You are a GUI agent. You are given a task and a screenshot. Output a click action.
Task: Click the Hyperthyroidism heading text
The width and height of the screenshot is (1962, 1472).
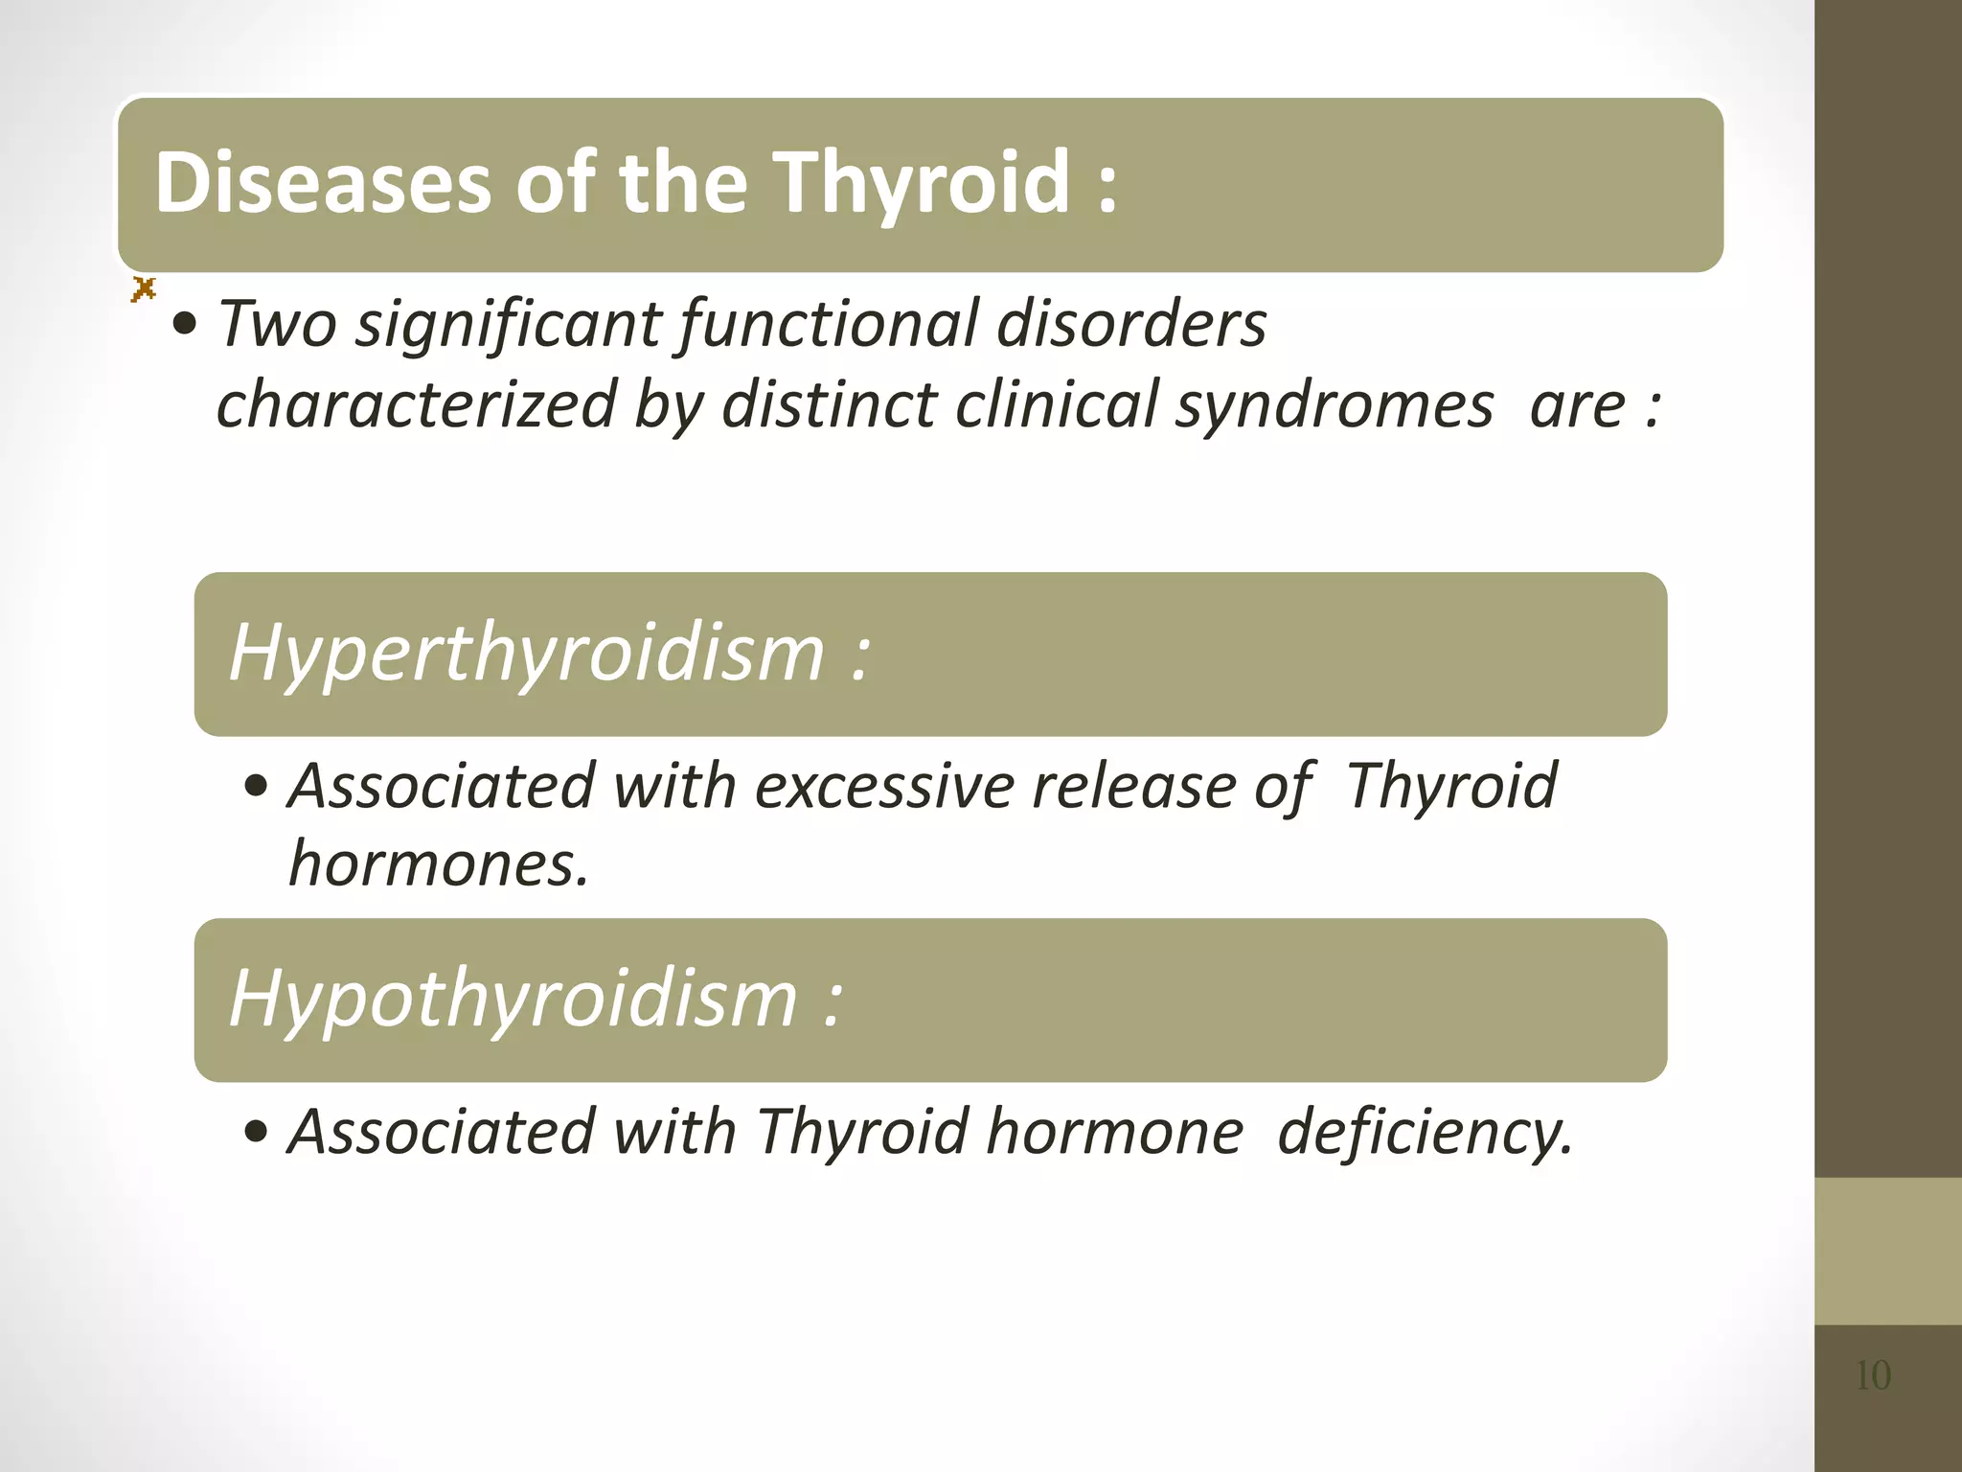(x=526, y=654)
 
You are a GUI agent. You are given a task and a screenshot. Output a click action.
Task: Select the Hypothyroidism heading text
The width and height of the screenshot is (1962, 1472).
(x=513, y=1000)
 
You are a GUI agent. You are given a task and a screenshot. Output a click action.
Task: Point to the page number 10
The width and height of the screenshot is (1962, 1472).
(x=1873, y=1376)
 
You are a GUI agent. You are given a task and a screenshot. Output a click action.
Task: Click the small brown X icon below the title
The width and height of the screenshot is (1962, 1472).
(x=144, y=288)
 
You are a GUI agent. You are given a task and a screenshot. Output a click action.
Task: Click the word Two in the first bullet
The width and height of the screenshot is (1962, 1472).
(x=278, y=324)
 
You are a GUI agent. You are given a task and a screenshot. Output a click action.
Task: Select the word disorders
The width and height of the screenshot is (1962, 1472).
(x=1130, y=324)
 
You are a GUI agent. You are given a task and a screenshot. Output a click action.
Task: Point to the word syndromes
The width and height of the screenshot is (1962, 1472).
(x=1334, y=404)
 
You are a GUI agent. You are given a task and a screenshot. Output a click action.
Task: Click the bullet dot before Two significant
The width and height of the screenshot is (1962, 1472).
(x=184, y=326)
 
